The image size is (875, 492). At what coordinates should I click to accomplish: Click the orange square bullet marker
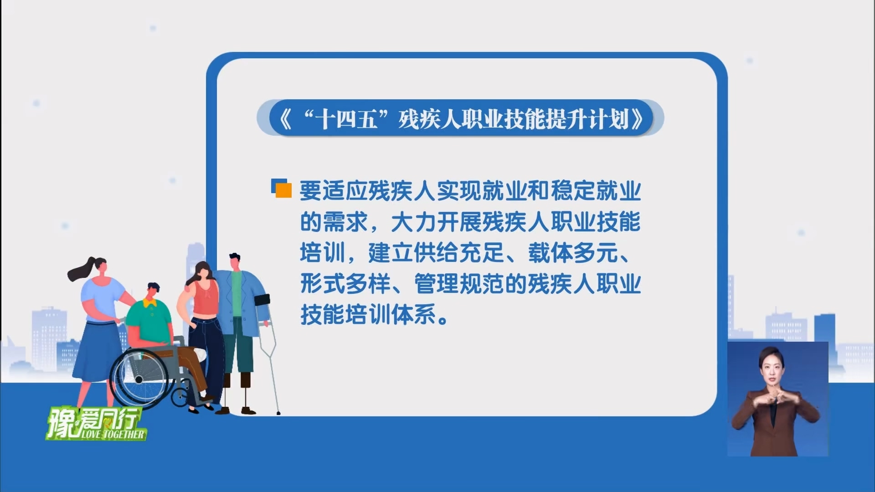[283, 190]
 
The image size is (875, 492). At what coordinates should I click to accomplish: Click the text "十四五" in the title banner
[348, 119]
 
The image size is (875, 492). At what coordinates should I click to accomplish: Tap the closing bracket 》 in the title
[637, 119]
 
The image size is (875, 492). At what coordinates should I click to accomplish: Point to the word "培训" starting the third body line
[322, 253]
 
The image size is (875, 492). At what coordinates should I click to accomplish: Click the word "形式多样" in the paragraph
[345, 284]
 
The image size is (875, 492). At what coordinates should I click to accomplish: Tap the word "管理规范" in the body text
[459, 284]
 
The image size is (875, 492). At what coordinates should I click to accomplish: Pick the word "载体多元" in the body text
[573, 253]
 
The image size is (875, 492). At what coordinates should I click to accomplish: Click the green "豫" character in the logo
[62, 422]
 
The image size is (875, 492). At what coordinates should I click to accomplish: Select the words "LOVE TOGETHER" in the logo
[113, 435]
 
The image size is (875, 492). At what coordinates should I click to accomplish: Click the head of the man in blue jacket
[234, 262]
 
